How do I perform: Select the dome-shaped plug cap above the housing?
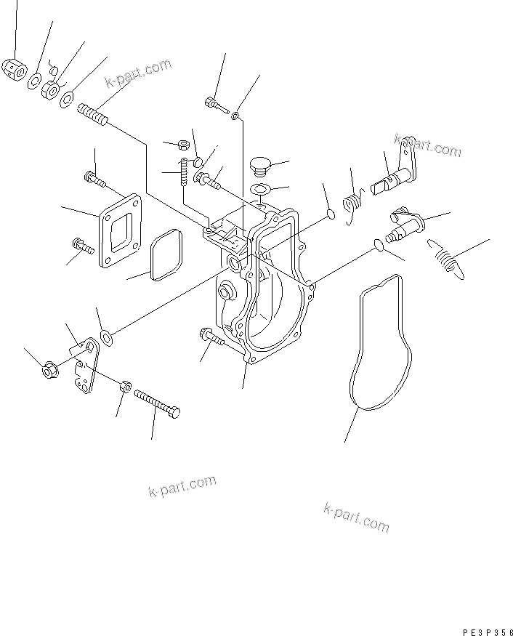click(x=259, y=166)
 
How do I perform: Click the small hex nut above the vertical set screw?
click(x=185, y=145)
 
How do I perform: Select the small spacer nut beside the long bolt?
click(x=124, y=387)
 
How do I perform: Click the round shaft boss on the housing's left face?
click(x=226, y=292)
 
